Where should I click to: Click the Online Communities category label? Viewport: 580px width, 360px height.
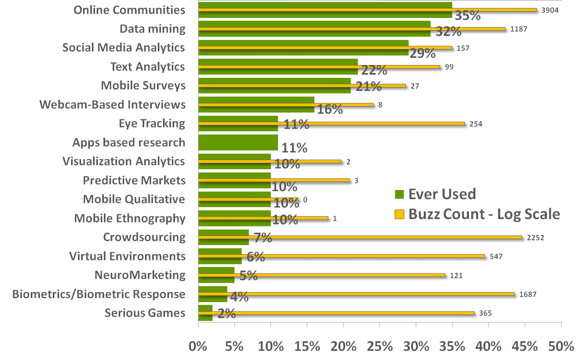pyautogui.click(x=129, y=10)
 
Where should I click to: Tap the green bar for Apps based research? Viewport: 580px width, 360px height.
pyautogui.click(x=238, y=142)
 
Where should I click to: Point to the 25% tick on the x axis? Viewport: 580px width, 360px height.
pyautogui.click(x=379, y=346)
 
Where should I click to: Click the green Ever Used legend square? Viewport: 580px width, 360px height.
pyautogui.click(x=399, y=194)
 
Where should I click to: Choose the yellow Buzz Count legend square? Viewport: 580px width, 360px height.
pyautogui.click(x=399, y=214)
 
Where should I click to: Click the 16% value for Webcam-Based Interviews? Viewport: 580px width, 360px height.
pyautogui.click(x=330, y=109)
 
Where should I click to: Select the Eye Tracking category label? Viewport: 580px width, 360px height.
pyautogui.click(x=152, y=123)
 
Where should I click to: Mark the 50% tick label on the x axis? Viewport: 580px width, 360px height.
pyautogui.click(x=561, y=346)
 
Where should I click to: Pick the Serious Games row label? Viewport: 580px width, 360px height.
pyautogui.click(x=145, y=313)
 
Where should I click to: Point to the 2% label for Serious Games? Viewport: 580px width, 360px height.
pyautogui.click(x=227, y=314)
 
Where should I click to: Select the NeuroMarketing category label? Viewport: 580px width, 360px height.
pyautogui.click(x=140, y=275)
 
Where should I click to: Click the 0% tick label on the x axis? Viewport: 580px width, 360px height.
pyautogui.click(x=198, y=346)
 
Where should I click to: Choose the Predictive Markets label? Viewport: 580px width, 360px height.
pyautogui.click(x=134, y=180)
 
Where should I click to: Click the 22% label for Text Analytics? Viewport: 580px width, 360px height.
pyautogui.click(x=374, y=70)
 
